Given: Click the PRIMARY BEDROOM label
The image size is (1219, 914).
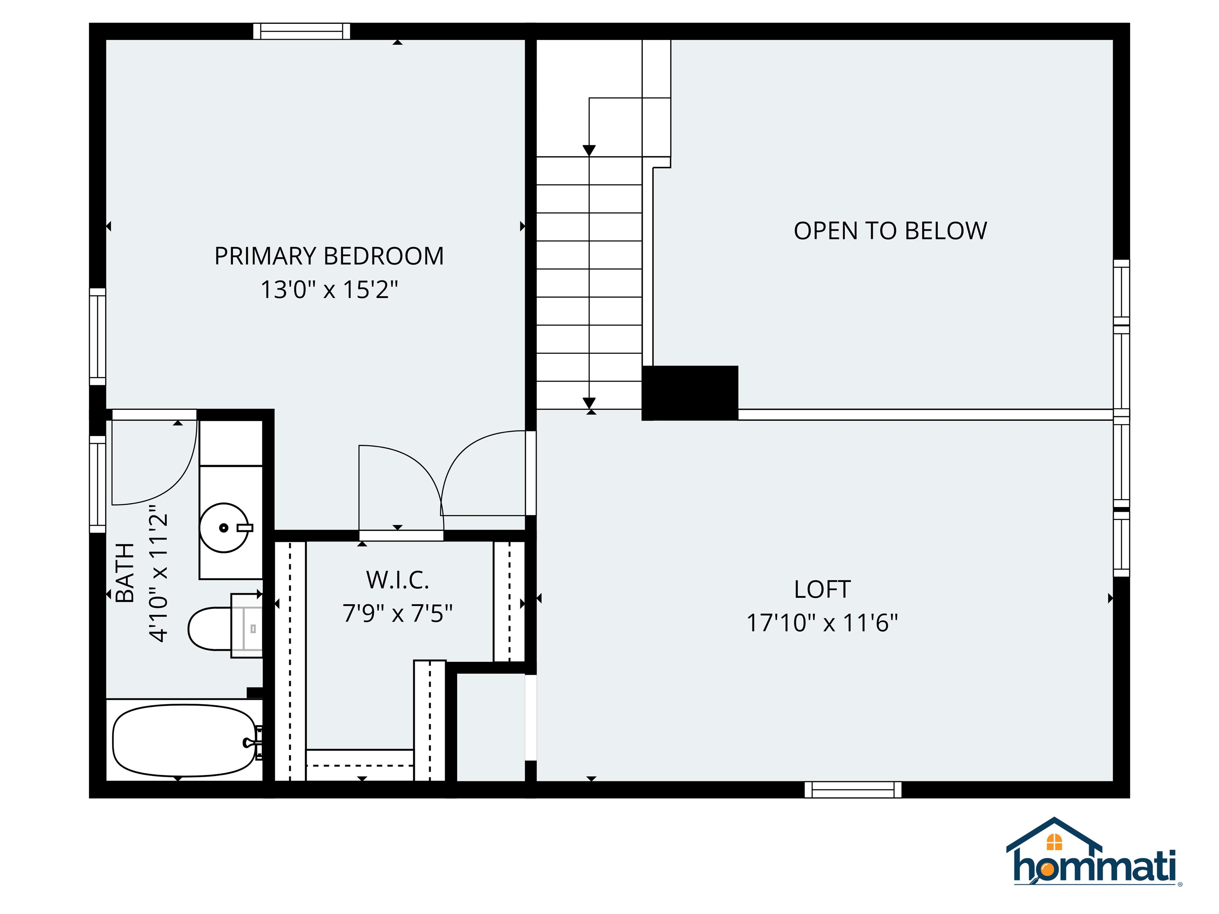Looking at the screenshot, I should pyautogui.click(x=329, y=256).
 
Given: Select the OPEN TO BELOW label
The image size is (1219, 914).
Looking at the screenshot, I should pyautogui.click(x=890, y=231).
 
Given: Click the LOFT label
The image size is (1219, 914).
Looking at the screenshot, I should pyautogui.click(x=822, y=589).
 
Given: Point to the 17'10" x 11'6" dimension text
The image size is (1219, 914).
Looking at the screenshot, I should pyautogui.click(x=822, y=623).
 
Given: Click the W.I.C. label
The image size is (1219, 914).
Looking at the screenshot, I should pyautogui.click(x=397, y=580).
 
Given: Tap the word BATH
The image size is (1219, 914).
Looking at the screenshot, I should pyautogui.click(x=126, y=572).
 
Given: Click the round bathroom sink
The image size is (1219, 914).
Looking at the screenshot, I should pyautogui.click(x=224, y=527).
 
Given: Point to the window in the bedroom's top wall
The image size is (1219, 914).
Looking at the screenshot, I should pyautogui.click(x=302, y=31).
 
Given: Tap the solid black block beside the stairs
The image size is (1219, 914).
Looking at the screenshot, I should pyautogui.click(x=690, y=393).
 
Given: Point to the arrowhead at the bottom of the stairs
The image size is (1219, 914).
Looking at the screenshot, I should pyautogui.click(x=589, y=403).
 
